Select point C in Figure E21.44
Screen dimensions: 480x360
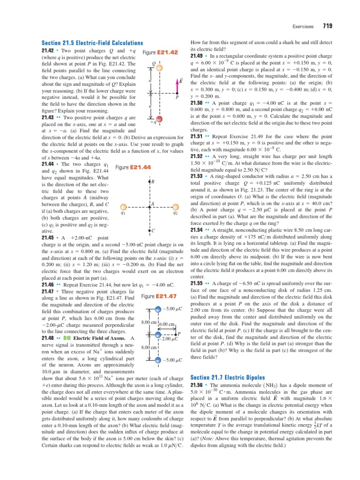point(150,231)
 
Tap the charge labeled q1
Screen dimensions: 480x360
point(123,206)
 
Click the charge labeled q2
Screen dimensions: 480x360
point(175,206)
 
